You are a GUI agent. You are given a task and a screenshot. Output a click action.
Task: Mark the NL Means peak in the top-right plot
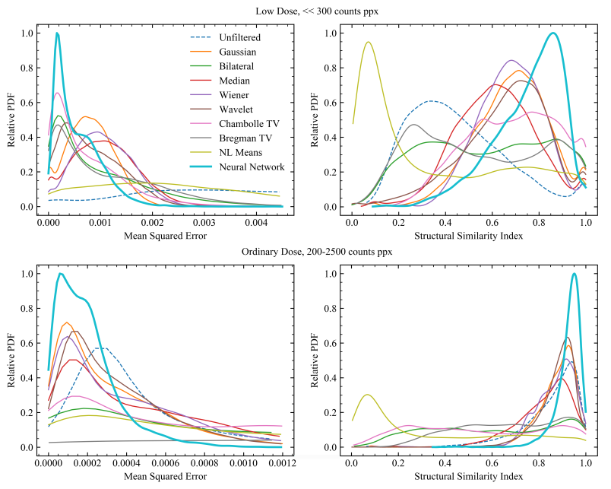click(369, 43)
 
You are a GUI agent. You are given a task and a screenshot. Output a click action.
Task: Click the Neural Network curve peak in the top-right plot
click(553, 33)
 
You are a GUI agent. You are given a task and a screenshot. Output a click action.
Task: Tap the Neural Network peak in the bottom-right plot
click(574, 274)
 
